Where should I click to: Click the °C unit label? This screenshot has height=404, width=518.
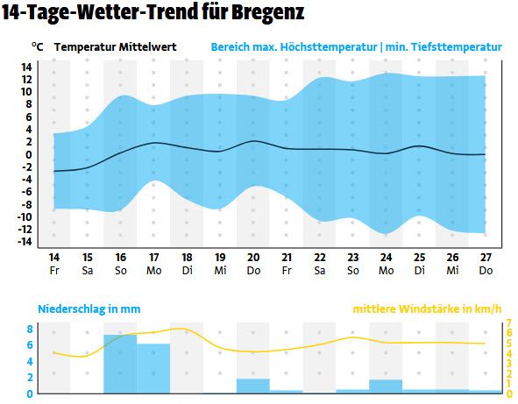point(37,47)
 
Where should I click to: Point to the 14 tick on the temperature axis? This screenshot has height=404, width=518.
point(26,67)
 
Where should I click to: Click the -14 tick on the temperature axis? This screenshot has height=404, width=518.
point(25,242)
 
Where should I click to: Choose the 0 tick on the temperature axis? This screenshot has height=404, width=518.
point(29,154)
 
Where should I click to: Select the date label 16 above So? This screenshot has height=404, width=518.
point(120,258)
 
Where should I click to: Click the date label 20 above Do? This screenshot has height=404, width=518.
point(252,258)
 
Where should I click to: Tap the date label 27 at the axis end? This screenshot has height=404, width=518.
point(485,258)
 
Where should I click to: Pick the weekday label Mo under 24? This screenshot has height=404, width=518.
point(386,271)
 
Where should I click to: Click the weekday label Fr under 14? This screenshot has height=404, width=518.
point(54,271)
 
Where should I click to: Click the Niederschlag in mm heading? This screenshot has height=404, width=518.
point(89,309)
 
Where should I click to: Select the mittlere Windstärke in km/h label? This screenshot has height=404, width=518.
point(427,309)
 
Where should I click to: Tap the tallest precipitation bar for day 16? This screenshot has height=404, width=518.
point(120,364)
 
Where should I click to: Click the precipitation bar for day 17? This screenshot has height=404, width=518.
point(153,368)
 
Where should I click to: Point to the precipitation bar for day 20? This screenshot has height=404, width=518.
point(252,386)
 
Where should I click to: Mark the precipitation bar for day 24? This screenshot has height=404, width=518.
point(386,386)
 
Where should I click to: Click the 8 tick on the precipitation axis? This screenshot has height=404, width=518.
point(29,330)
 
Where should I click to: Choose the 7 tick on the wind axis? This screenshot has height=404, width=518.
point(509,323)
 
